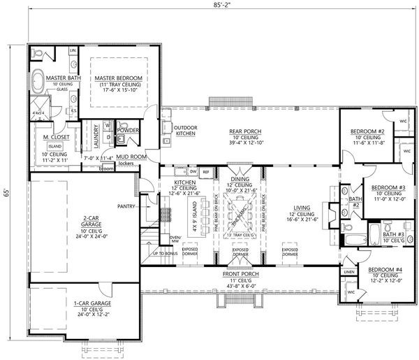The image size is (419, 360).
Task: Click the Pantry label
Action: click(x=126, y=206)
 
